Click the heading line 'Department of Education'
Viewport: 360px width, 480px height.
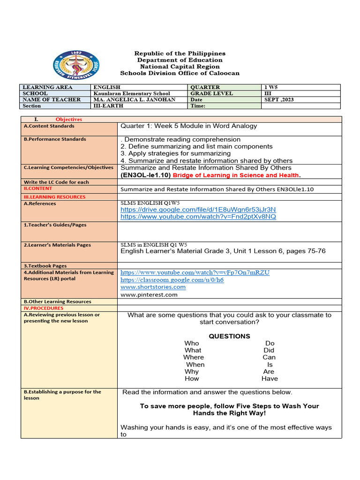(x=180, y=60)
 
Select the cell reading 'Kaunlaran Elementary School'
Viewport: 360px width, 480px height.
(x=132, y=93)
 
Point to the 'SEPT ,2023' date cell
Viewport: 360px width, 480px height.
(x=279, y=99)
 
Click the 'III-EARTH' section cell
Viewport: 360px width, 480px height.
(x=108, y=106)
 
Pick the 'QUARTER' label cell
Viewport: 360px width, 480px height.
(x=205, y=87)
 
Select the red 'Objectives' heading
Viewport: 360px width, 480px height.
(x=68, y=120)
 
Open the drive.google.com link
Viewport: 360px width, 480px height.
(x=198, y=209)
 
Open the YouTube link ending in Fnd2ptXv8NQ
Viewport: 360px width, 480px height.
(x=198, y=217)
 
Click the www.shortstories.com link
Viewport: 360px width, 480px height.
(x=153, y=287)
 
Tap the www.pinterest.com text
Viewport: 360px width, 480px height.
(x=149, y=294)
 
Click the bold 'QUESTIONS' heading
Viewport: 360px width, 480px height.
(x=229, y=336)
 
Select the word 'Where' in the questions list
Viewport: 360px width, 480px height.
(x=194, y=357)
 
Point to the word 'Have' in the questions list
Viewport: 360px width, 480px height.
(x=270, y=378)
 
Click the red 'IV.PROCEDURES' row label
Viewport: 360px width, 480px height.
(x=43, y=308)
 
